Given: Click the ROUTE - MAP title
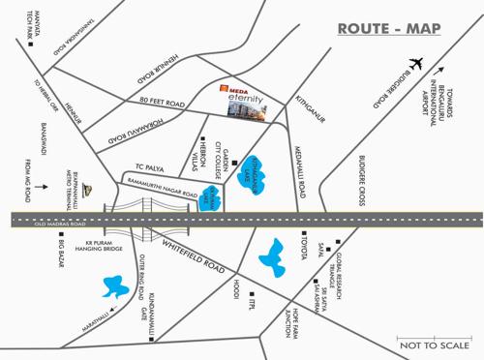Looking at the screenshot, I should click(x=387, y=29).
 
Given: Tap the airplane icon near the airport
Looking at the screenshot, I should click(x=417, y=64).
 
